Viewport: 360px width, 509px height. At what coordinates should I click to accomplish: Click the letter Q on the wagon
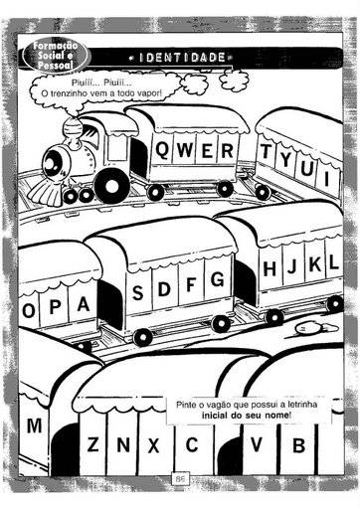162,150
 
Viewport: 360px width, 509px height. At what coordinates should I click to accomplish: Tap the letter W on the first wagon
185,150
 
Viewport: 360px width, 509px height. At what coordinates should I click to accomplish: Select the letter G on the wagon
217,279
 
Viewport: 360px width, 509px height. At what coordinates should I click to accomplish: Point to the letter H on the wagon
270,268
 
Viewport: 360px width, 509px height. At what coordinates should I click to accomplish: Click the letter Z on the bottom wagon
92,444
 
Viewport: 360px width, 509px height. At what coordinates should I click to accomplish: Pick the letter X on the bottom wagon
153,445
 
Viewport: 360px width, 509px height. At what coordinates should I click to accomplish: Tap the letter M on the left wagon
34,425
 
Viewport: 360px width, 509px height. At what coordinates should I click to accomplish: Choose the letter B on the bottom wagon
298,445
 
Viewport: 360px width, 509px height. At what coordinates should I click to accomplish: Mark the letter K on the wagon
315,264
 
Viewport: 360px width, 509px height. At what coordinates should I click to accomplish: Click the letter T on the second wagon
266,151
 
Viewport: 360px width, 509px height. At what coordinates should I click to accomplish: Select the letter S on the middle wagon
138,292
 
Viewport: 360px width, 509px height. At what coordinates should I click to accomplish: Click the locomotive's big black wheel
112,186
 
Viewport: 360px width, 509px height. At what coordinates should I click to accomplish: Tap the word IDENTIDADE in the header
182,58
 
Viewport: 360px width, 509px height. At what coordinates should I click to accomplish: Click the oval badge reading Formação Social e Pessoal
55,56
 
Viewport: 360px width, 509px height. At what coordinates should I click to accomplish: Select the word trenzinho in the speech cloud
70,93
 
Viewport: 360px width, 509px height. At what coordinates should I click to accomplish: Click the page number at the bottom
180,479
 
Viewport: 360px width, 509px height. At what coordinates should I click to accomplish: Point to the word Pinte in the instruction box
186,405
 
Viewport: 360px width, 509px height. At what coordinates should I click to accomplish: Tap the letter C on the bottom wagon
192,444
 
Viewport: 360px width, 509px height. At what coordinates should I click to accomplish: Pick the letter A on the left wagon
84,304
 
